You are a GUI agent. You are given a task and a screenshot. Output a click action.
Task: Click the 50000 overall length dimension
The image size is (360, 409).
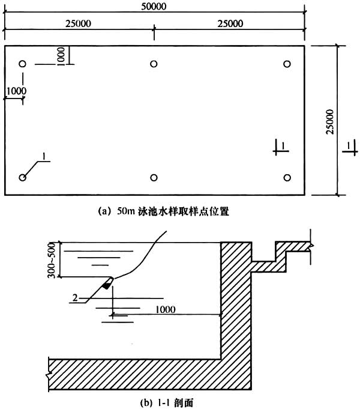point(154,6)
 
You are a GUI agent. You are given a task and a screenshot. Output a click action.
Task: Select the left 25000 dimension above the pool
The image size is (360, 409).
point(78,23)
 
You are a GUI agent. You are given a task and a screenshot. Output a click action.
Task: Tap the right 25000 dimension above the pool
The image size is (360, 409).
point(230,23)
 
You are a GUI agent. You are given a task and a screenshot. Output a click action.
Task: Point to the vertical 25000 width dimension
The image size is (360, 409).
point(330,121)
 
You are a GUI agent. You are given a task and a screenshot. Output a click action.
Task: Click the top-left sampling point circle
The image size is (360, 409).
point(22,64)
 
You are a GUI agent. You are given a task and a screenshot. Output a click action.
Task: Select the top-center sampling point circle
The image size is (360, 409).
point(154,64)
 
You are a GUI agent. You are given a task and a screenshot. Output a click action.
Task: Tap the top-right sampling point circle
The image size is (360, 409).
point(287,64)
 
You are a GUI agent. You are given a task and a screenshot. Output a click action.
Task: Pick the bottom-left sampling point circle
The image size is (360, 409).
point(22,178)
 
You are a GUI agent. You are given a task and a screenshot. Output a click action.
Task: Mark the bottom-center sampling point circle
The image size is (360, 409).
point(154,178)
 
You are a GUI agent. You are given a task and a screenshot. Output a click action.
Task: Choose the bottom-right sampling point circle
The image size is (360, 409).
point(287,178)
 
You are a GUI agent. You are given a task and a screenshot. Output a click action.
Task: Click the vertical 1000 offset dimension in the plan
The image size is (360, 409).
point(61,56)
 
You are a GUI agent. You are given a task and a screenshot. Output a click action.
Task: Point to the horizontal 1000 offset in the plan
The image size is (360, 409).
point(16,91)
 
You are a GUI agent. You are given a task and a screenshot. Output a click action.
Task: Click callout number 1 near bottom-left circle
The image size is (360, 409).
point(44,156)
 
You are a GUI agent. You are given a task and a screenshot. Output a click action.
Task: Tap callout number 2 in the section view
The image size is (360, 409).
point(75,298)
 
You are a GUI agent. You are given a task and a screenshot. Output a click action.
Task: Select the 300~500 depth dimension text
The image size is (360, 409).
point(52,260)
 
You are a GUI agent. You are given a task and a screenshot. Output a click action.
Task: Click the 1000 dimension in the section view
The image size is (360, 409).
point(165,310)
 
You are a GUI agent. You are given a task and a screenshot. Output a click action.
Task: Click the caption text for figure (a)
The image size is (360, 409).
point(163,211)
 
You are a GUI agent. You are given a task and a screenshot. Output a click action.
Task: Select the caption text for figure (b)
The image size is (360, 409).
point(167,403)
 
